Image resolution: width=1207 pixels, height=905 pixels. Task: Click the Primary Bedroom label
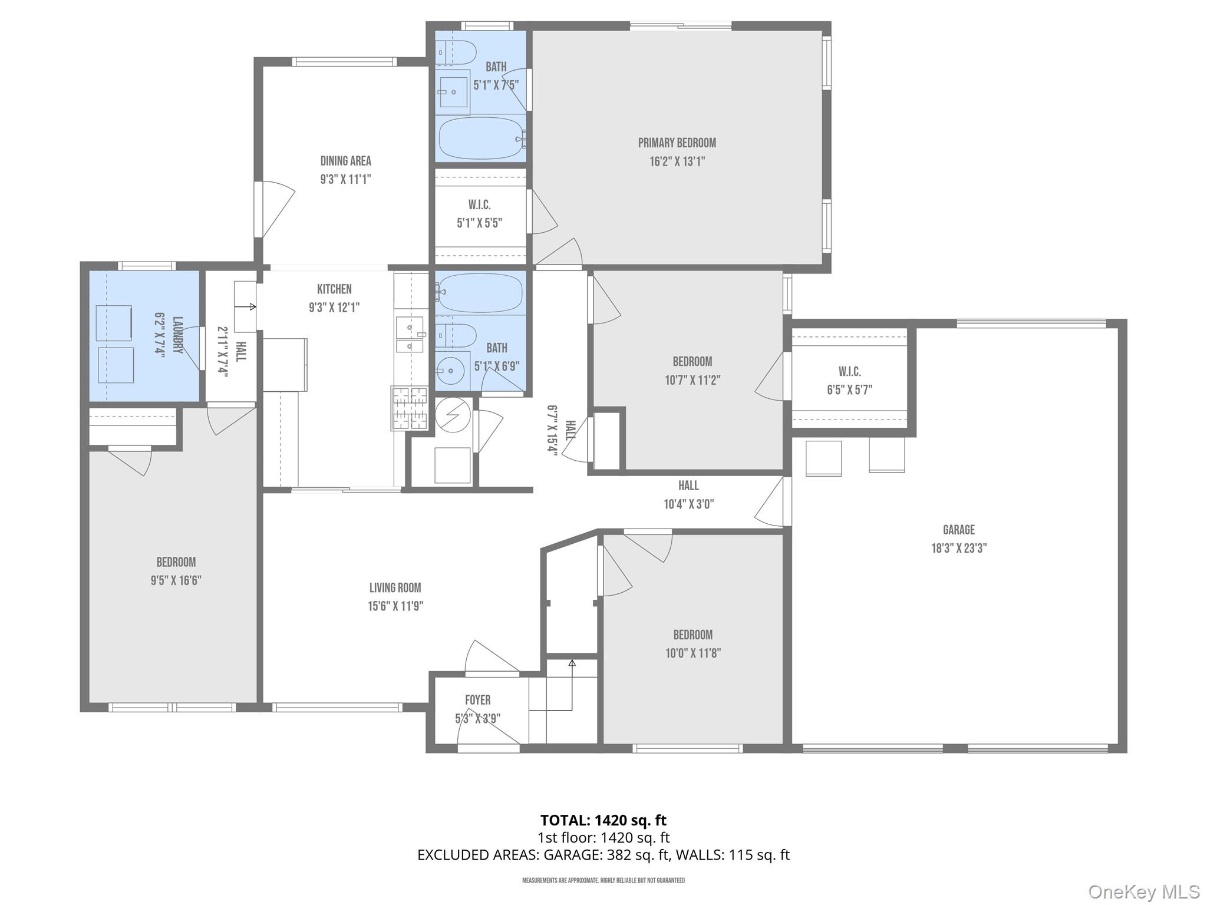point(677,143)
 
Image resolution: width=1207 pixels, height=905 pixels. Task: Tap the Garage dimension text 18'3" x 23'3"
point(958,548)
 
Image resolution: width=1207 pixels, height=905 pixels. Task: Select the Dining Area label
point(345,161)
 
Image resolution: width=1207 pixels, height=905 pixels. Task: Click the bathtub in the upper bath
point(481,138)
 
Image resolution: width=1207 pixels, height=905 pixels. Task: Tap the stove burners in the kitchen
point(410,408)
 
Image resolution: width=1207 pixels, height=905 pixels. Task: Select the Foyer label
point(477,700)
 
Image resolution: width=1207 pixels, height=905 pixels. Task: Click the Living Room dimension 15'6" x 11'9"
point(395,606)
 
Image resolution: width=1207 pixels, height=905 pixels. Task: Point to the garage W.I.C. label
point(849,372)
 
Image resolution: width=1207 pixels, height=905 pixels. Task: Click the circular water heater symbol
point(453,415)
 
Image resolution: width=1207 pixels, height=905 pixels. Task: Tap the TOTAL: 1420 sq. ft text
point(603,820)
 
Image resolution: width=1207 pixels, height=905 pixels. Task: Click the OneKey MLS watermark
point(1143,891)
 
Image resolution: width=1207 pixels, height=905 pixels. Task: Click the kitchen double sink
point(409,335)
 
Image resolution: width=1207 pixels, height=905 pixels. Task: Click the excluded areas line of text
point(603,855)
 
